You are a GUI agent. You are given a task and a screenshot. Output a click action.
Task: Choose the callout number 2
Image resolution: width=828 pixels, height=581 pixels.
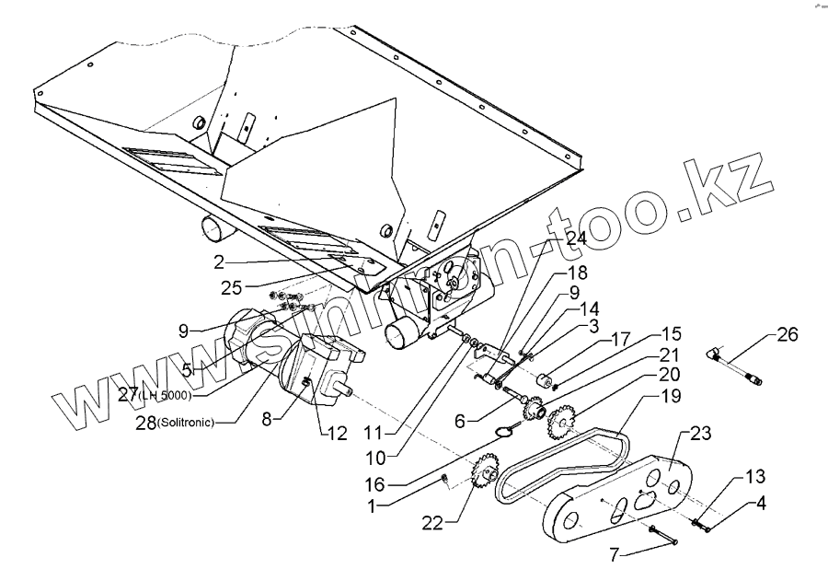tap(218, 261)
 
